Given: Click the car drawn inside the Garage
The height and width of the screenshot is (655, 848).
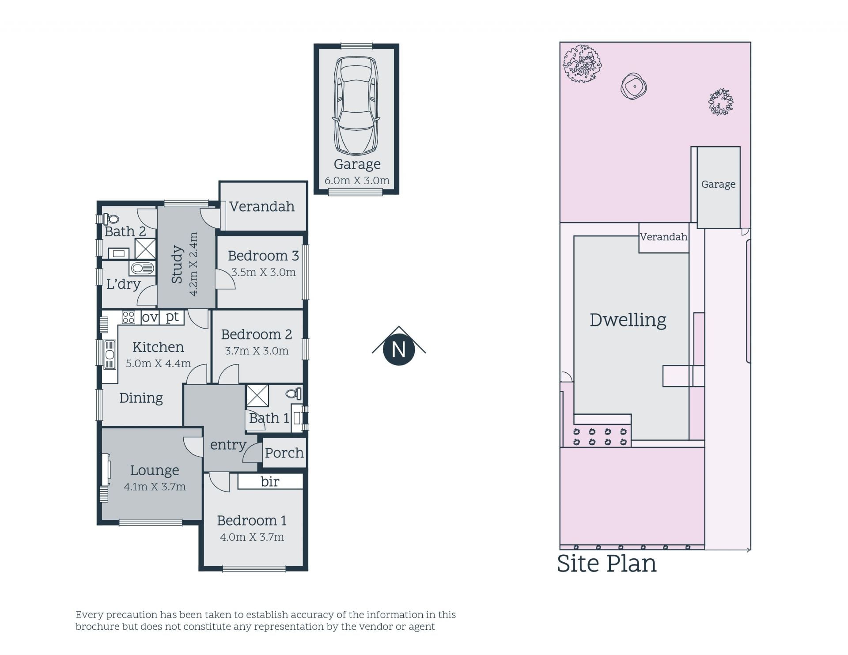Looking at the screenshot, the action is [356, 106].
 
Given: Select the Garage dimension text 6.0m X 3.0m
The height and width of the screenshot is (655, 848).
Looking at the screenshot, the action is [357, 181].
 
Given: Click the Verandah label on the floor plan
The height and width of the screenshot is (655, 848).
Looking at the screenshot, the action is [262, 207].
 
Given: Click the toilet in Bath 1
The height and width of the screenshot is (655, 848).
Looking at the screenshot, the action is [294, 393].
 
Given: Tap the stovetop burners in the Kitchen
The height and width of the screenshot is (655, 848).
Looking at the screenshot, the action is [129, 317].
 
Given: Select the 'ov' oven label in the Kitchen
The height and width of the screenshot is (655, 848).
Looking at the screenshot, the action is [150, 317].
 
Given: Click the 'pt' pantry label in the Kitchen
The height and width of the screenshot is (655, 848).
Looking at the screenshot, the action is [172, 317].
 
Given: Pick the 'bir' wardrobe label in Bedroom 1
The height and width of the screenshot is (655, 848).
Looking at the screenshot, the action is [270, 481].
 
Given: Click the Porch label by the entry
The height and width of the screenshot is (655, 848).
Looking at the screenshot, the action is [284, 453].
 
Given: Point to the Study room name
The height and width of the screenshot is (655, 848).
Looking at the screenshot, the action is [177, 264].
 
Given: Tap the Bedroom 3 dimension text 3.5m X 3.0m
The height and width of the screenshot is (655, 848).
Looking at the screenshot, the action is [264, 272].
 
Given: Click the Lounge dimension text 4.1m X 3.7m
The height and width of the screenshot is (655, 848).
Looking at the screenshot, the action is [155, 487].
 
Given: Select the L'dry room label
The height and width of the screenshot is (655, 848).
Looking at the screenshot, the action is [123, 284].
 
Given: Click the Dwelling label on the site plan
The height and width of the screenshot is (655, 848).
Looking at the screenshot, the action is [628, 320].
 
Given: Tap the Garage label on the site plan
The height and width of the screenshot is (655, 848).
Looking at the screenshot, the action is [718, 184].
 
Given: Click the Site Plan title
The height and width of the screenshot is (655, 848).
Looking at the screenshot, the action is [606, 564].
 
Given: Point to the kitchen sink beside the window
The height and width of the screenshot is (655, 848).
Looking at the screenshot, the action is [110, 354].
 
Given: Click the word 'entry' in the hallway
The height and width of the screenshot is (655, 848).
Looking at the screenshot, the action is [228, 445].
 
